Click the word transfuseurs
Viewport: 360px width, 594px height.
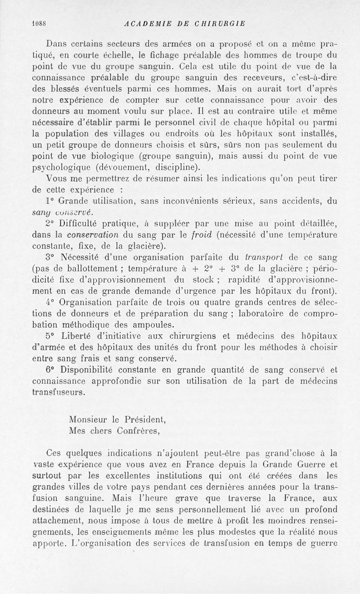[x=59, y=392]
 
